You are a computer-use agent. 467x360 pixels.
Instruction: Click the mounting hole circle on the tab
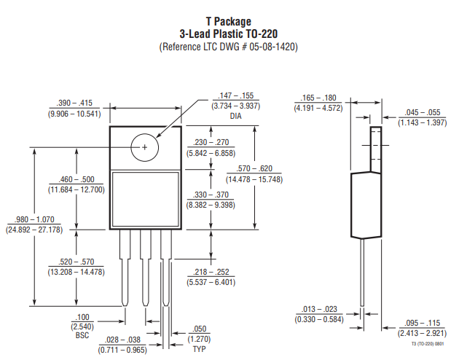click(x=144, y=147)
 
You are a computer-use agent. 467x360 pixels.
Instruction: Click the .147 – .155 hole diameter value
click(x=235, y=96)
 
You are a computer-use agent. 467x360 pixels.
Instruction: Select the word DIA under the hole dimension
click(x=235, y=117)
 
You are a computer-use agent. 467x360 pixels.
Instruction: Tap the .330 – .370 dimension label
click(x=207, y=195)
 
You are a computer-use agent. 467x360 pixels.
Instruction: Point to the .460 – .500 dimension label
click(x=76, y=179)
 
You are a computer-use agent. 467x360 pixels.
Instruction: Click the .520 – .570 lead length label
click(x=76, y=262)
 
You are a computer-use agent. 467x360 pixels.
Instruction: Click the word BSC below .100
click(x=82, y=336)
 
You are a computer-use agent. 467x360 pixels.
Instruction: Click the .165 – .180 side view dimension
click(x=318, y=98)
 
